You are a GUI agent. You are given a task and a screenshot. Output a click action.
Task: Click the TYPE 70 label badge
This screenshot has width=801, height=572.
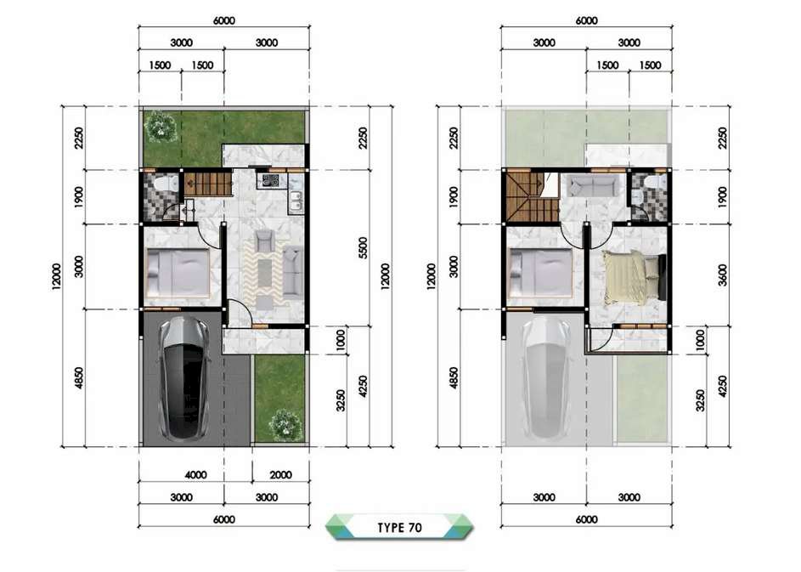pos(399,527)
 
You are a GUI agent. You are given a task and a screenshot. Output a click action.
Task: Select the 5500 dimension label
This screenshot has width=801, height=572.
pos(363,247)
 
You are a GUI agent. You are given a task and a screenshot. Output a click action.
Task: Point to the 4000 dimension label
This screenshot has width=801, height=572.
pos(195,475)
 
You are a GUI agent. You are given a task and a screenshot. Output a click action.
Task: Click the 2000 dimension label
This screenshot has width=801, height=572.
pos(280,475)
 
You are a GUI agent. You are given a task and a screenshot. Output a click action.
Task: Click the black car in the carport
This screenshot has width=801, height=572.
pos(184,378)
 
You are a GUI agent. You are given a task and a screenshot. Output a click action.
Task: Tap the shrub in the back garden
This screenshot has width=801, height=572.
pos(161,127)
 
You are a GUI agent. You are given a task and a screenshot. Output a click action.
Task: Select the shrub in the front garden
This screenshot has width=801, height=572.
pos(285,424)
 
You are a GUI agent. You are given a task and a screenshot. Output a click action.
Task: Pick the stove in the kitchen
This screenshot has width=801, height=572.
pos(271,180)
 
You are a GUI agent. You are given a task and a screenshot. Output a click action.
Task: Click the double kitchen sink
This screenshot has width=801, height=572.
pos(296,202)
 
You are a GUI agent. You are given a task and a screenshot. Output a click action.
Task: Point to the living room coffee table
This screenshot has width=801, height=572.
pos(265,274)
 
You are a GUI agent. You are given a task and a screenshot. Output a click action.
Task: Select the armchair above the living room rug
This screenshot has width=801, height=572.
pos(264,241)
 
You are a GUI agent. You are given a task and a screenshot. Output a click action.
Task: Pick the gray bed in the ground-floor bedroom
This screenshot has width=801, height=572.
pos(178,273)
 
